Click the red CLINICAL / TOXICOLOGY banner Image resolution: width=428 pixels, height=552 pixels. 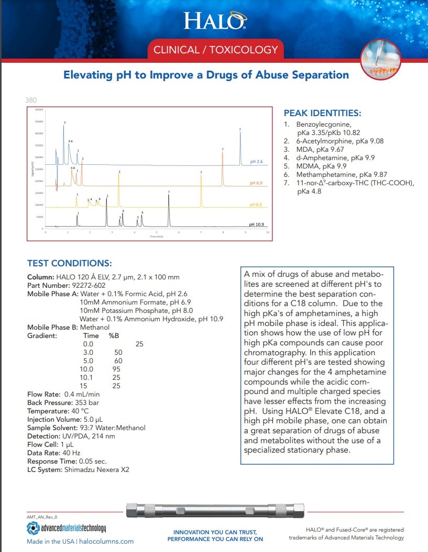pos(215,50)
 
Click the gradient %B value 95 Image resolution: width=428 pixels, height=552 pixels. pos(116,369)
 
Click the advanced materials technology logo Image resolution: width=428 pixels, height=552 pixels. pos(67,528)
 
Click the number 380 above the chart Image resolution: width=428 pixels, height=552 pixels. pos(31,100)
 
